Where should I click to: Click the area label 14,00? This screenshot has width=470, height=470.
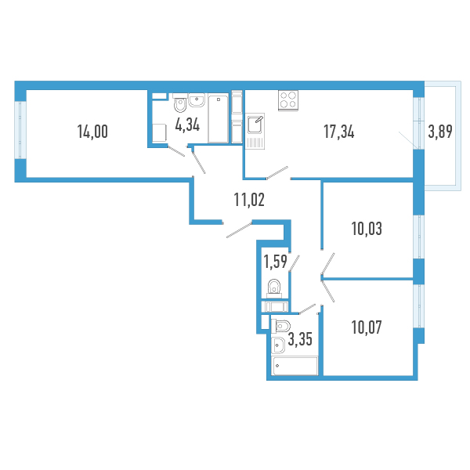92,132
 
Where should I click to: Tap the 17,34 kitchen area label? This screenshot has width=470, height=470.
339,132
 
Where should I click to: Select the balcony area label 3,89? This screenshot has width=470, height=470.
440,132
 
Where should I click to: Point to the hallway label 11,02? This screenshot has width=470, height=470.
249,200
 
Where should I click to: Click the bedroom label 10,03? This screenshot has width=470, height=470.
367,229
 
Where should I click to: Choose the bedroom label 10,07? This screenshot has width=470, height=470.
367,327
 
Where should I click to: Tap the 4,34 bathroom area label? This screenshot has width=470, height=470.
188,125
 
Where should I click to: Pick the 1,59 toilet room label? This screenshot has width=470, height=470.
275,262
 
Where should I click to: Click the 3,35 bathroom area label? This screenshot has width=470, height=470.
300,340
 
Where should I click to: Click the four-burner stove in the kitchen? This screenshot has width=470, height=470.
288,100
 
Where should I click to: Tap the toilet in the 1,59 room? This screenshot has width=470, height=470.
274,288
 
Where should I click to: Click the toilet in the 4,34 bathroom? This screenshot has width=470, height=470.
180,103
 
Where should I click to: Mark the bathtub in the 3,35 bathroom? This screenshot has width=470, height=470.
295,366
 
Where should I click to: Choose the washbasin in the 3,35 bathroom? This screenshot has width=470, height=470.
278,345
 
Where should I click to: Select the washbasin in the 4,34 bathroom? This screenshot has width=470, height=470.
197,100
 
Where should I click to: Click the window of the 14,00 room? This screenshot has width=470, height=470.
20,130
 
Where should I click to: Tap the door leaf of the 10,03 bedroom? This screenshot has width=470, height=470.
327,264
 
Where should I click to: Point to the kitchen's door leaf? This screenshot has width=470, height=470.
277,173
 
